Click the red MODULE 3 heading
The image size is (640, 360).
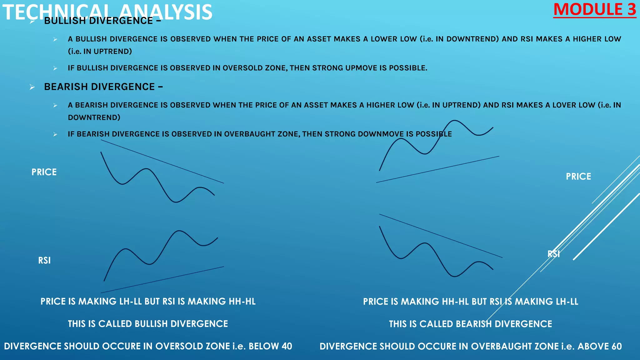pyautogui.click(x=594, y=10)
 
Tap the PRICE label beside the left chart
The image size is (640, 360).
pyautogui.click(x=44, y=172)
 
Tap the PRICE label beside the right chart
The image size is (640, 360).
pyautogui.click(x=578, y=177)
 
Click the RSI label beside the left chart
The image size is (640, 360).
pyautogui.click(x=44, y=260)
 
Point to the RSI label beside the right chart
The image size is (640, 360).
pyautogui.click(x=553, y=254)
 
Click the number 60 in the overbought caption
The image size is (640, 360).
pyautogui.click(x=616, y=346)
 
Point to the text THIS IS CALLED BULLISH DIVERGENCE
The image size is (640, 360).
pyautogui.click(x=148, y=324)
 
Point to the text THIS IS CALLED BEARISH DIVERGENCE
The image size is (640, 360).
pyautogui.click(x=470, y=324)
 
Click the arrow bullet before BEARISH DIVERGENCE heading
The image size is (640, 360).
pyautogui.click(x=32, y=87)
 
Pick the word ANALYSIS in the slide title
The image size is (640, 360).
pyautogui.click(x=166, y=12)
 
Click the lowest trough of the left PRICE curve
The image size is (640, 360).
pyautogui.click(x=176, y=202)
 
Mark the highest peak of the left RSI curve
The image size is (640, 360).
pyautogui.click(x=179, y=231)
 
